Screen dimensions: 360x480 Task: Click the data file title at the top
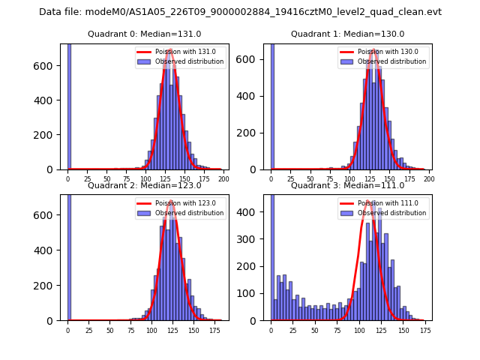point(240,12)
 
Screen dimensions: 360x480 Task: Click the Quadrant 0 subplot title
point(145,34)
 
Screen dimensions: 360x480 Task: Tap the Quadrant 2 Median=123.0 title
point(145,185)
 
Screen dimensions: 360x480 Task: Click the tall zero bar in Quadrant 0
point(69,105)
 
